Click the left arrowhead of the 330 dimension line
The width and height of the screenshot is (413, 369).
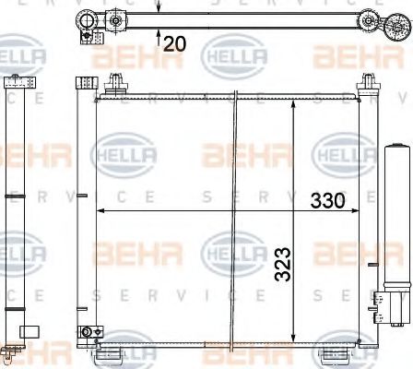point(100,211)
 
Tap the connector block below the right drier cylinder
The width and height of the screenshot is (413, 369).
point(386,302)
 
